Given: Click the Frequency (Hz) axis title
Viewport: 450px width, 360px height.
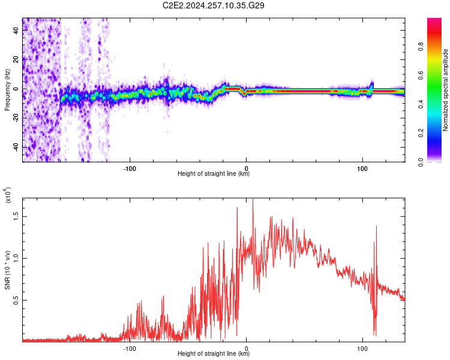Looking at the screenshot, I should (x=7, y=90).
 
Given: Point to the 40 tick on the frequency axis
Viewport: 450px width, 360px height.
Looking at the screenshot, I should (x=16, y=31).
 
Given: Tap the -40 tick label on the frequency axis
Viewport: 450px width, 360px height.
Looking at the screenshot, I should (x=16, y=147).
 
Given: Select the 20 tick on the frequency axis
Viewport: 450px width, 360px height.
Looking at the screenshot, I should (x=16, y=60).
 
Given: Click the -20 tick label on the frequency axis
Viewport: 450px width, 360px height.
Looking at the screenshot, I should (x=16, y=118).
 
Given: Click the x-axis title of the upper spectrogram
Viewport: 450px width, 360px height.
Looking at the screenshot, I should (x=214, y=174).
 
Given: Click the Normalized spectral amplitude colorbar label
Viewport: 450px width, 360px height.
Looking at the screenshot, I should (x=446, y=90).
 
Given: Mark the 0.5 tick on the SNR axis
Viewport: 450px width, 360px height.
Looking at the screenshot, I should (x=16, y=299).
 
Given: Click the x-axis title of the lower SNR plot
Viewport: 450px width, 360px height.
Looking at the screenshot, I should (x=214, y=353).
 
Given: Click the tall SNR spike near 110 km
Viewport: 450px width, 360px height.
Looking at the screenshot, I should (x=376, y=227).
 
